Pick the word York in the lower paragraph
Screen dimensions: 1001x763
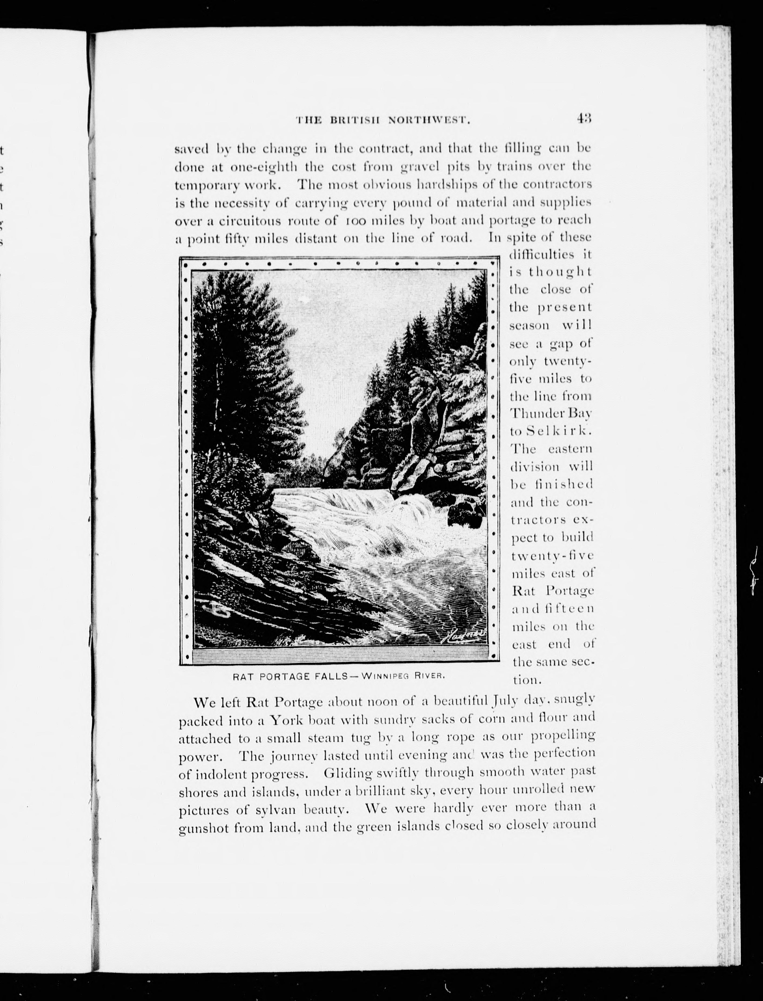tap(287, 720)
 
